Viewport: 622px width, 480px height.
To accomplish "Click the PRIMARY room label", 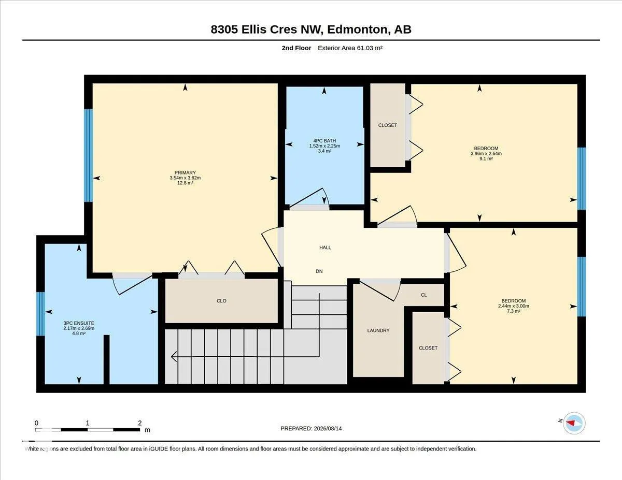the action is pyautogui.click(x=185, y=172).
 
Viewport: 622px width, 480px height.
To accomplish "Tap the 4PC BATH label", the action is pyautogui.click(x=324, y=141).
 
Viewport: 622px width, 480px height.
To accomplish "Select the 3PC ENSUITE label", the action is pyautogui.click(x=79, y=323).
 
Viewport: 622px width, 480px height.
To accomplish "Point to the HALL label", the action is pyautogui.click(x=325, y=248).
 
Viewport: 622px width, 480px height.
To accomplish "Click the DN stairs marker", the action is pyautogui.click(x=319, y=271).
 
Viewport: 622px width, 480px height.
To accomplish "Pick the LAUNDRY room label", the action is pyautogui.click(x=378, y=330).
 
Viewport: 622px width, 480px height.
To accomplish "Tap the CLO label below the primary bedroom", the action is pyautogui.click(x=221, y=301).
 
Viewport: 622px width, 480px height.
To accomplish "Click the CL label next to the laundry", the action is pyautogui.click(x=424, y=295).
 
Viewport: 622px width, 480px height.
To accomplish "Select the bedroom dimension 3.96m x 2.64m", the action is pyautogui.click(x=486, y=153).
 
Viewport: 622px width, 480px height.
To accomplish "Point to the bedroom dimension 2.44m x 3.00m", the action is pyautogui.click(x=514, y=306).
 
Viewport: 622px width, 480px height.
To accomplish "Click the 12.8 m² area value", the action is pyautogui.click(x=185, y=183).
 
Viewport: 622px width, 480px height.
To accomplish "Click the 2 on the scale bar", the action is pyautogui.click(x=139, y=423).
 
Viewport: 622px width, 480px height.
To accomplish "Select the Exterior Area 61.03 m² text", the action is pyautogui.click(x=350, y=48).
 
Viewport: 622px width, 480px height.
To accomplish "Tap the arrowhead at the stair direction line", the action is pyautogui.click(x=174, y=357).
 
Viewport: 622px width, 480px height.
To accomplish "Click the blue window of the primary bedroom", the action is pyautogui.click(x=89, y=155).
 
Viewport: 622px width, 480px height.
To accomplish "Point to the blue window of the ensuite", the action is pyautogui.click(x=40, y=314).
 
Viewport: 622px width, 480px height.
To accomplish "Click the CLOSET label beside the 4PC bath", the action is pyautogui.click(x=388, y=125).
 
